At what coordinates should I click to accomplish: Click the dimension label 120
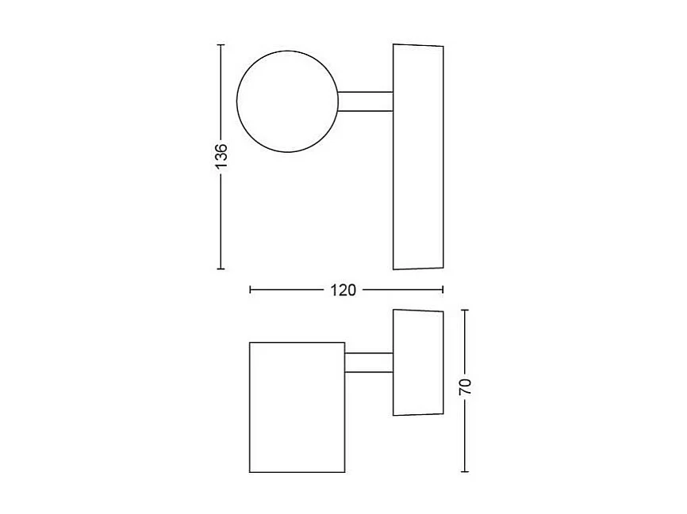(x=343, y=290)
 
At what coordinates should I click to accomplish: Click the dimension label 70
(x=466, y=386)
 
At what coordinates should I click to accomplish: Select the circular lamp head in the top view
(x=287, y=101)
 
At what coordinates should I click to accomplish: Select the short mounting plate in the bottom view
(x=417, y=362)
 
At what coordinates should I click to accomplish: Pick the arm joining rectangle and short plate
(x=369, y=362)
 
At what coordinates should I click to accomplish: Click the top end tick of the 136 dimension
(x=221, y=44)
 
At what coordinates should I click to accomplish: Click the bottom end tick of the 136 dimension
(x=221, y=269)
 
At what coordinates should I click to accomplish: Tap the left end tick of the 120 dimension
(x=250, y=290)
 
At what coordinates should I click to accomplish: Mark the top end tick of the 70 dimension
(x=466, y=310)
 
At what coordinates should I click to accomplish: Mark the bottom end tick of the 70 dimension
(x=466, y=472)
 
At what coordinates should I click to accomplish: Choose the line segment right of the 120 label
(x=401, y=290)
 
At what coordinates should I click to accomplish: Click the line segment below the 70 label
(x=466, y=436)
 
